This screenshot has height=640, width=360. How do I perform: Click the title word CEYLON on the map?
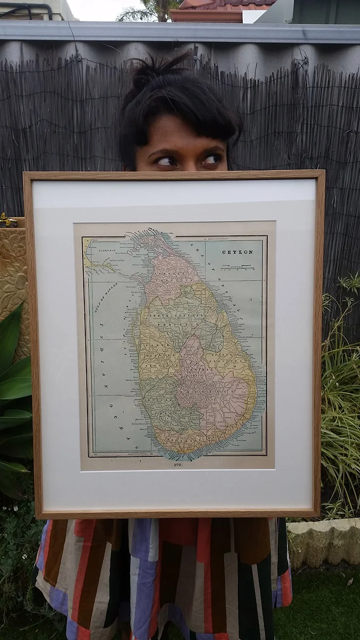click(237, 252)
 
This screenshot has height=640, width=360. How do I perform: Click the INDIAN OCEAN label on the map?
click(112, 373)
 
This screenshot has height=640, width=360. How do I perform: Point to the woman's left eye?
click(211, 159)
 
